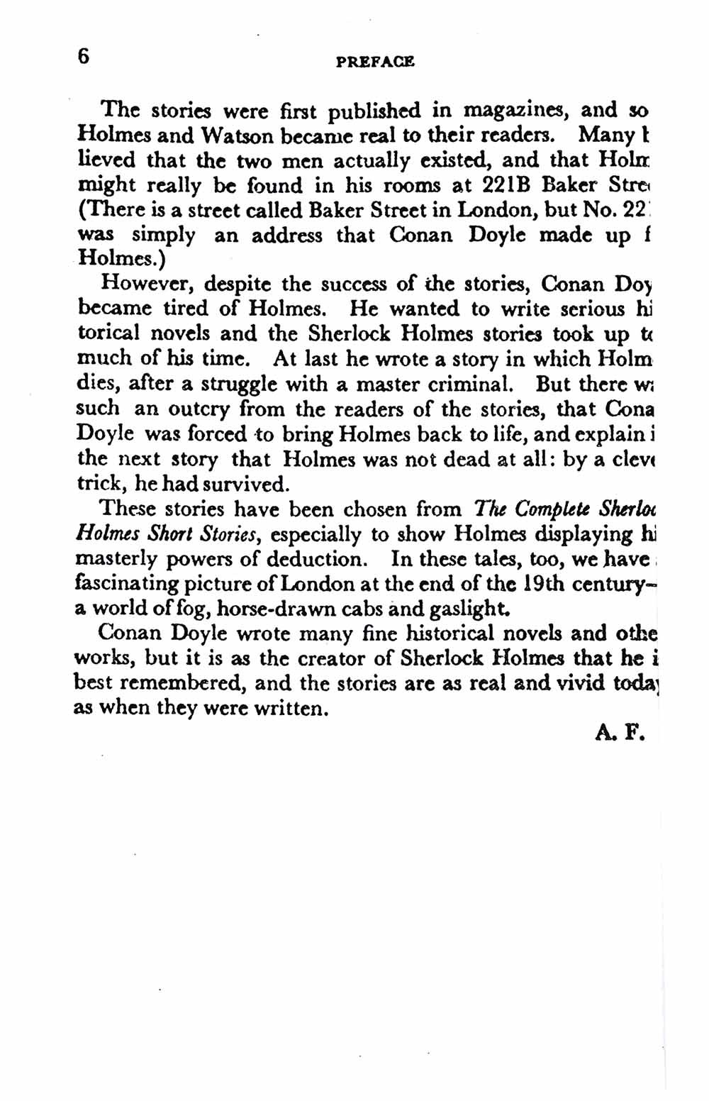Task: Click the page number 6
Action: [84, 57]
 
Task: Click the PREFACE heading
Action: [375, 62]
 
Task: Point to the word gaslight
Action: [455, 609]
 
